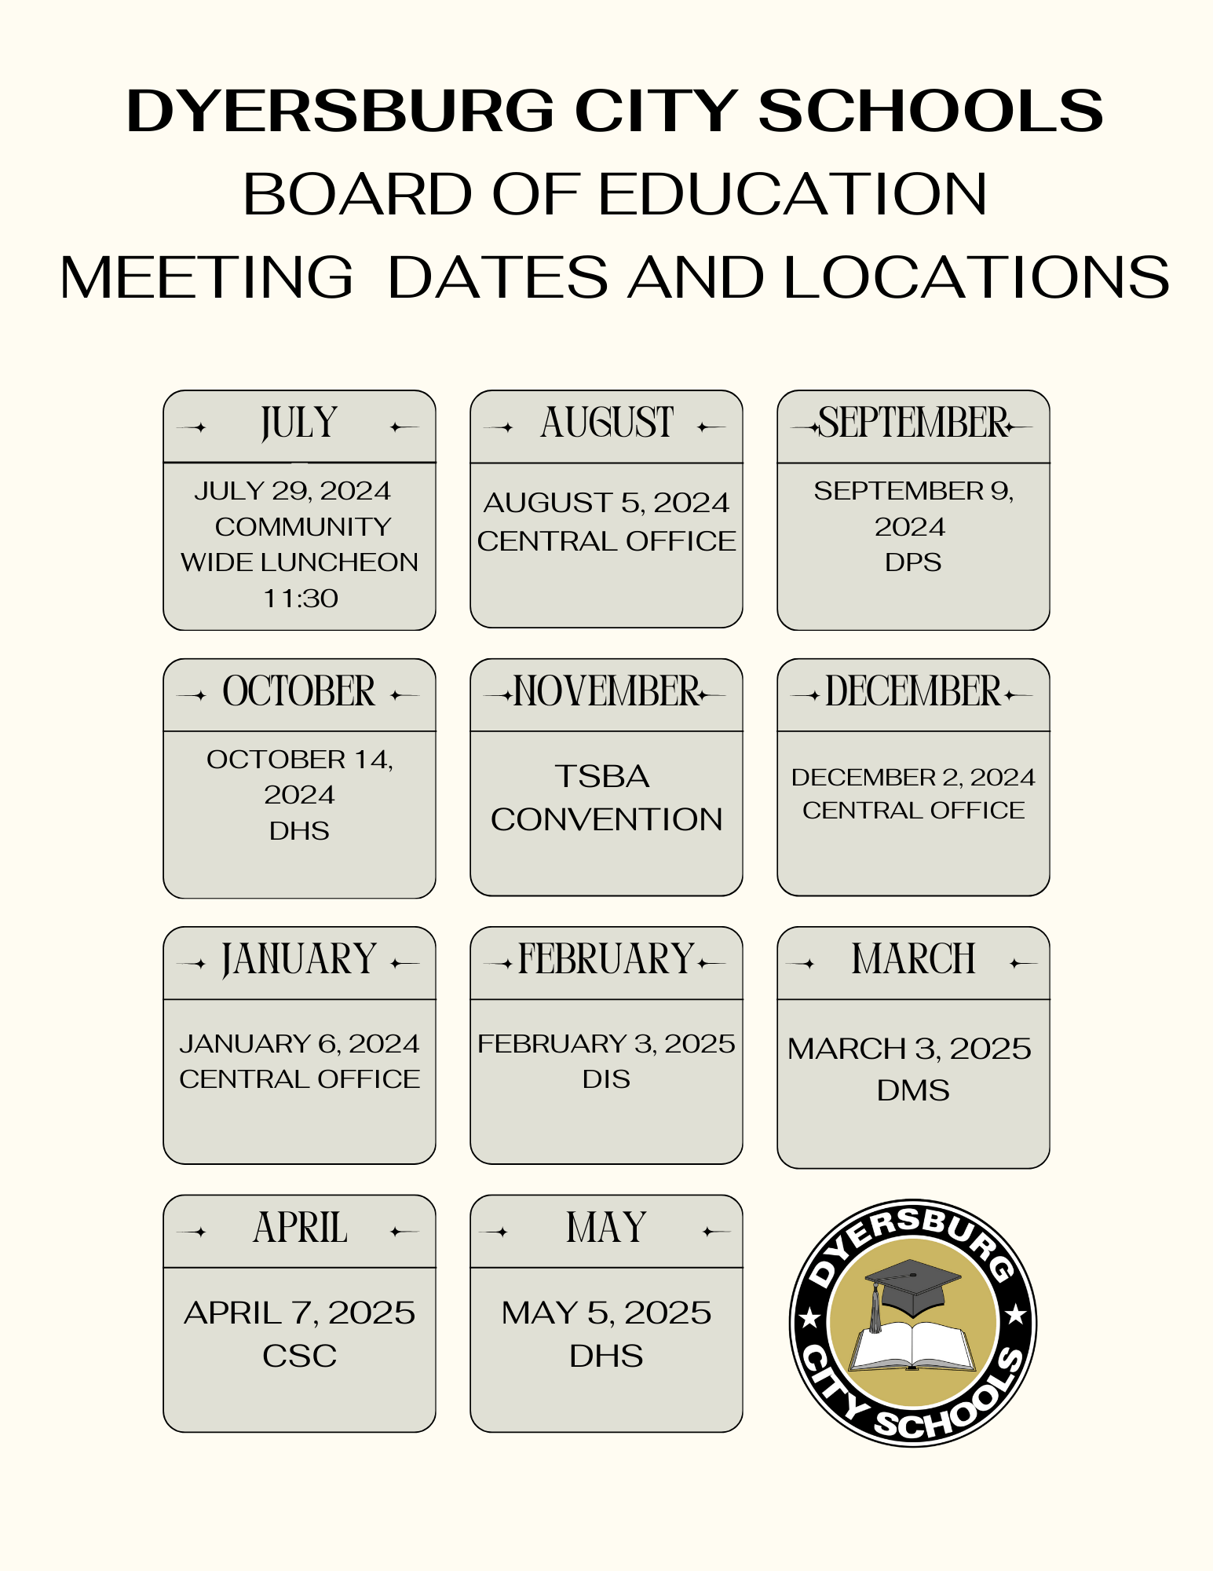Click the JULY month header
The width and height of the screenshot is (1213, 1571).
click(299, 424)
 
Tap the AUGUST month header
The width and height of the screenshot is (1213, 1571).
click(606, 424)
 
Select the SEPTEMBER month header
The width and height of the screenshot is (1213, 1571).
click(913, 424)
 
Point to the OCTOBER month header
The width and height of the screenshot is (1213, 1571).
click(299, 693)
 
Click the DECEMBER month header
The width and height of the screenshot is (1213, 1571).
click(913, 693)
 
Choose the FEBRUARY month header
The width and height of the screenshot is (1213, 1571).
click(606, 961)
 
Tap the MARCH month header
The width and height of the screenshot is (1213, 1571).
click(913, 961)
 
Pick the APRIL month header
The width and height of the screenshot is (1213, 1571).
click(299, 1229)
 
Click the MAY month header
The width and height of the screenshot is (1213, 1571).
click(606, 1229)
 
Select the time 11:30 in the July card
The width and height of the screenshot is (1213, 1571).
click(300, 599)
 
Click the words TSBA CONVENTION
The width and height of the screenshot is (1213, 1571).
click(606, 798)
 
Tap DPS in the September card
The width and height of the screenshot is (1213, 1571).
click(913, 562)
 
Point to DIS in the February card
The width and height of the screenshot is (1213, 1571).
click(606, 1079)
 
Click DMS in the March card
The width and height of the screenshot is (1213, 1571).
click(913, 1090)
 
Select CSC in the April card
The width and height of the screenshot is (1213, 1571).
click(299, 1356)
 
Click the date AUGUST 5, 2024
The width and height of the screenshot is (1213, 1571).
click(606, 503)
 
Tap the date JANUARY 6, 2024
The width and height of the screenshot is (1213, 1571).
click(299, 1044)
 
